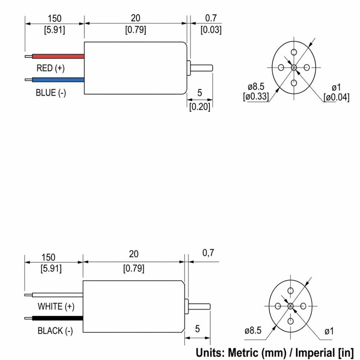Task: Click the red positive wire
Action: tap(58, 56)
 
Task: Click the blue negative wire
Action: tap(58, 80)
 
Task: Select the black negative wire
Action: tap(57, 318)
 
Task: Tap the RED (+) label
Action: tap(50, 68)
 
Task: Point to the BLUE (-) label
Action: tap(51, 93)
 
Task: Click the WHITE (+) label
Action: tap(56, 306)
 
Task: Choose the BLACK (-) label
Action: tap(55, 331)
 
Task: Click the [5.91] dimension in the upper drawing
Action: tap(54, 30)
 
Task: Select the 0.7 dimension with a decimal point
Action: tap(211, 18)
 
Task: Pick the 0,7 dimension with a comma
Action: tap(208, 253)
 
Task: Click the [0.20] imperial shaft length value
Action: tap(200, 107)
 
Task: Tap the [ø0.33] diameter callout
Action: tap(256, 96)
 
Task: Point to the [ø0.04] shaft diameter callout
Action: tap(336, 97)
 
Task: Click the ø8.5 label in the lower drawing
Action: tap(253, 330)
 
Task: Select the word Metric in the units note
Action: tap(244, 353)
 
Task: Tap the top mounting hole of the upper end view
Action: tap(294, 52)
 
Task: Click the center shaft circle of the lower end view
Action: tap(291, 306)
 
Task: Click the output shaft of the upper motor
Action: tap(202, 68)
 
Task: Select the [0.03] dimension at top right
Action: tap(211, 30)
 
